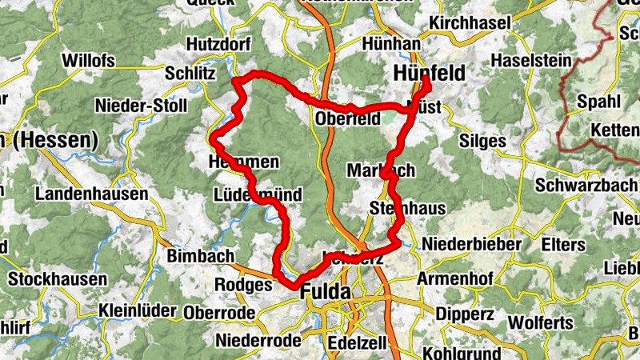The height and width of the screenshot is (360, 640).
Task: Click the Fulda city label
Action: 326,293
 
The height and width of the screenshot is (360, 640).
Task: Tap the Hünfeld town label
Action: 430,73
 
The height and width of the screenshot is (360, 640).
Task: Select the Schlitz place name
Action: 190,73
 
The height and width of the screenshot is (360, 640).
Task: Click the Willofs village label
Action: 88,61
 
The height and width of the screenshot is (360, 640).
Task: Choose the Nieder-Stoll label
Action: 141,106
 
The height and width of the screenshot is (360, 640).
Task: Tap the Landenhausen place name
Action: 91,194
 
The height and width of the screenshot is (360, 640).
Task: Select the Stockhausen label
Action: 58,280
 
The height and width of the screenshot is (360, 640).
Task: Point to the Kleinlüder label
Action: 142,310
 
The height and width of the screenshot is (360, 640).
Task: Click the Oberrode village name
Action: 219,313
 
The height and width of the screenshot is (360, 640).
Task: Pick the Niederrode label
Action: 258,341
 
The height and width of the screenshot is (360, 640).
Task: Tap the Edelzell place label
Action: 357,343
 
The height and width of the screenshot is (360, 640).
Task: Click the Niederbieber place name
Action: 472,243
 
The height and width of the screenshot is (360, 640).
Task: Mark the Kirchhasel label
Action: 470,23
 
